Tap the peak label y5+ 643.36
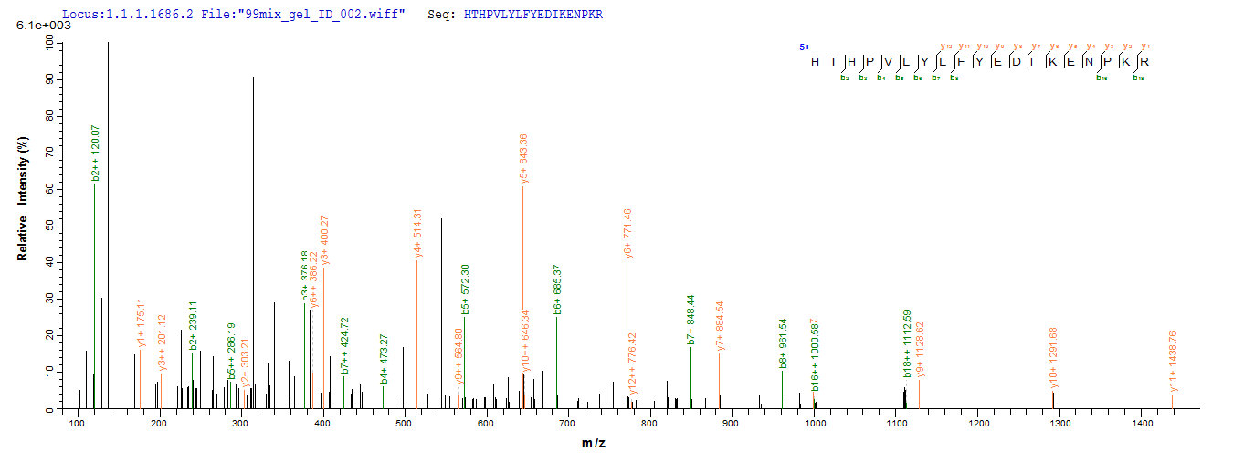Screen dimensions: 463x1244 pos(523,159)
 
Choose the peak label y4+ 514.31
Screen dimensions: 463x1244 pos(417,236)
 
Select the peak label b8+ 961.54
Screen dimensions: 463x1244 pos(783,346)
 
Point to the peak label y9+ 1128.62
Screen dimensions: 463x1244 pos(921,350)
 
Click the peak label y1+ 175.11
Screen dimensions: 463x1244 pos(141,323)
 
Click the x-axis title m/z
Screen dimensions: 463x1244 pos(593,443)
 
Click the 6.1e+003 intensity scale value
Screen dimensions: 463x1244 pos(36,26)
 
